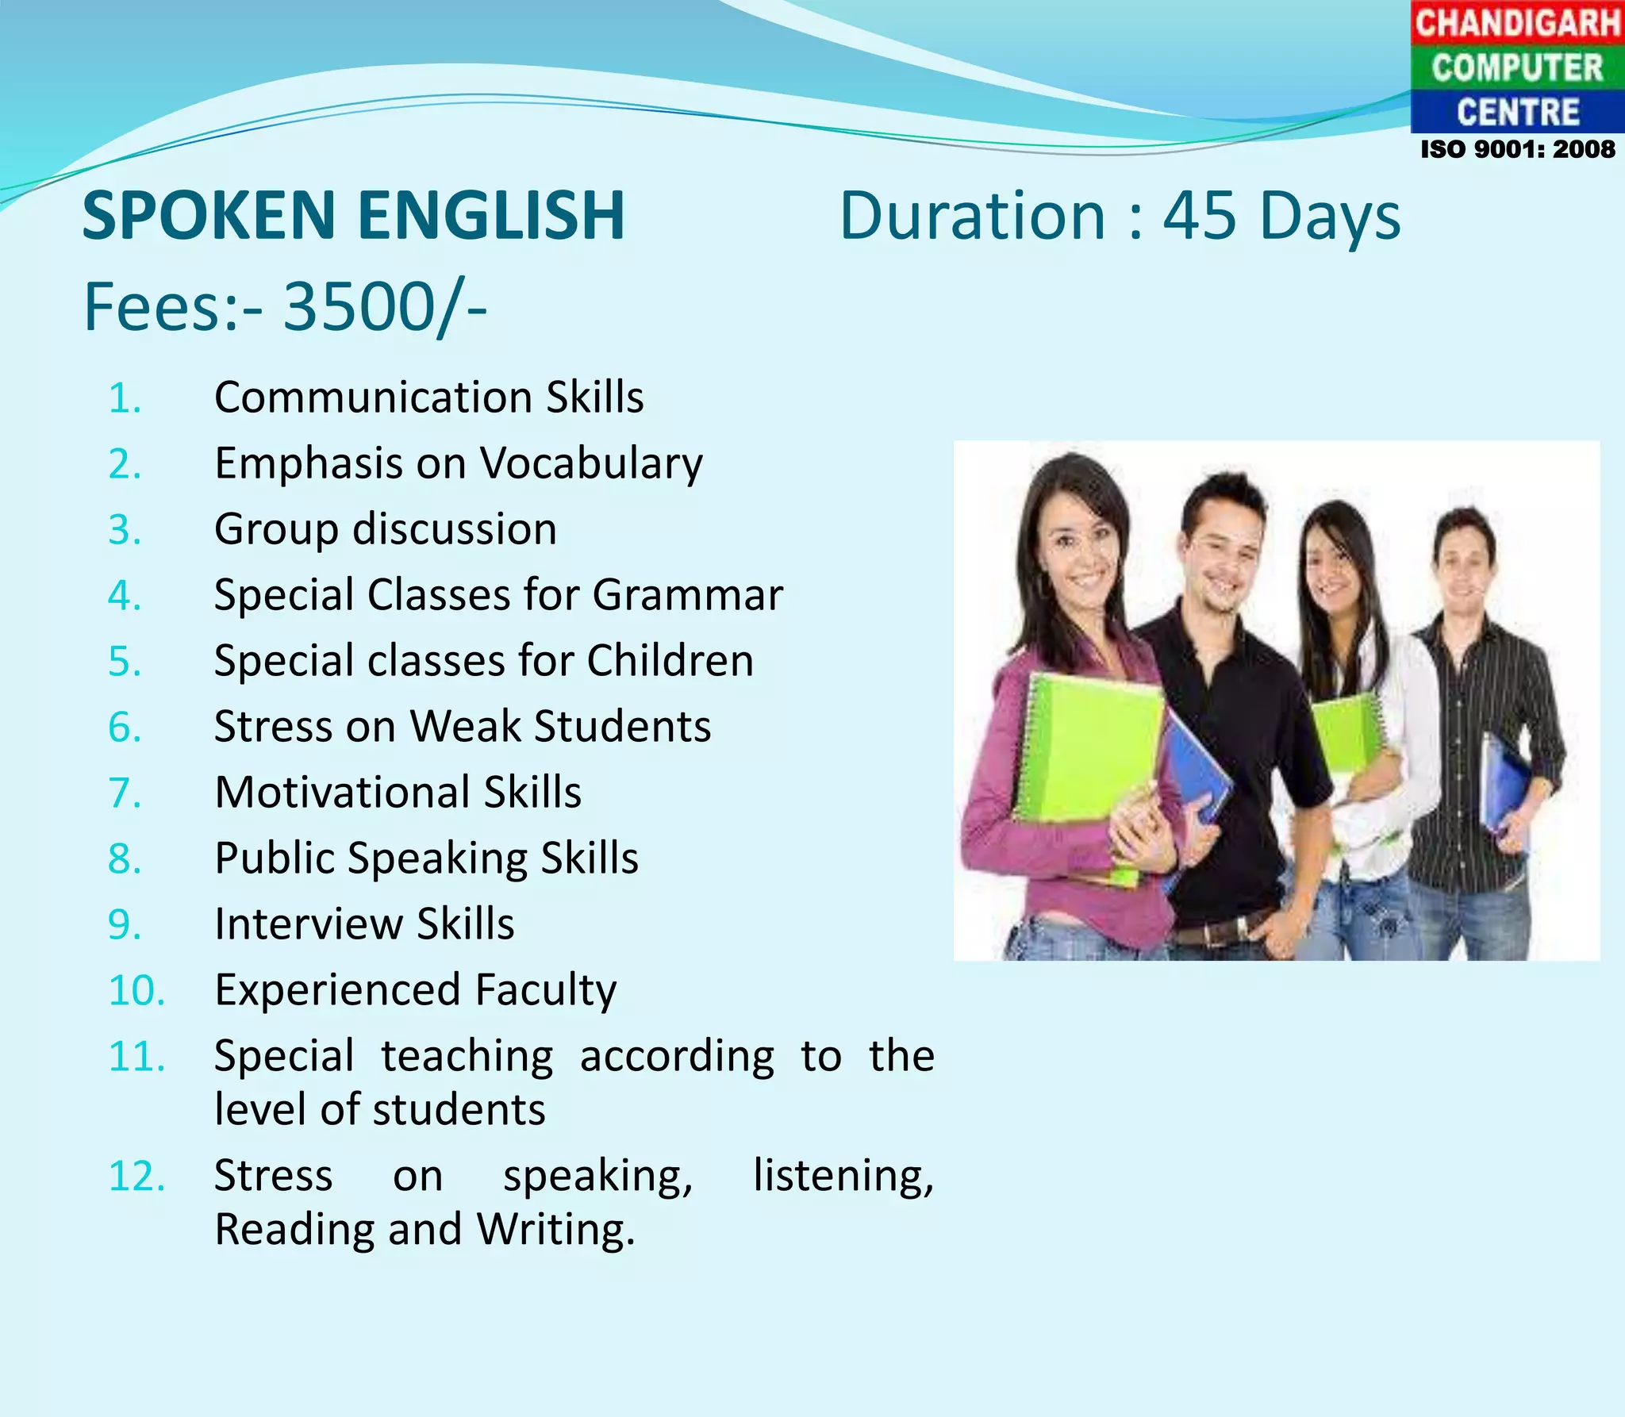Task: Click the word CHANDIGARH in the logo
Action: pyautogui.click(x=1517, y=22)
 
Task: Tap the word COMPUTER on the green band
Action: pyautogui.click(x=1517, y=67)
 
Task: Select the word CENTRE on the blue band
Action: pyautogui.click(x=1517, y=112)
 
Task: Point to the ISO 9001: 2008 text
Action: pyautogui.click(x=1517, y=149)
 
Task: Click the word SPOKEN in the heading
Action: pyautogui.click(x=209, y=216)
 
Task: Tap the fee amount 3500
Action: pyautogui.click(x=357, y=307)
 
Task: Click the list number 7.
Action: pyautogui.click(x=125, y=793)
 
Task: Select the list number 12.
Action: pyautogui.click(x=136, y=1176)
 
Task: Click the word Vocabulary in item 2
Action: pyautogui.click(x=591, y=464)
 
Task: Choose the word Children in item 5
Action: pyautogui.click(x=670, y=661)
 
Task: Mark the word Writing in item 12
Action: pyautogui.click(x=555, y=1231)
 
